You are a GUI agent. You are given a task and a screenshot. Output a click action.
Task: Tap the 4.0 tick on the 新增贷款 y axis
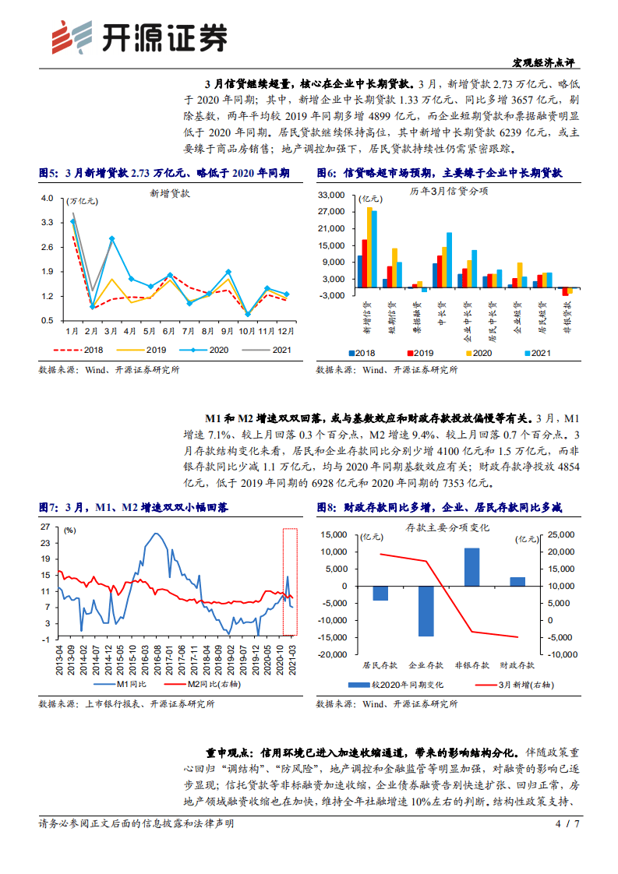(x=47, y=198)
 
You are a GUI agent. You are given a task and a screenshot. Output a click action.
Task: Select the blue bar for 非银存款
(x=471, y=567)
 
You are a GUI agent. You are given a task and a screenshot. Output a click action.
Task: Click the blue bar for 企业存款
(x=426, y=611)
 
